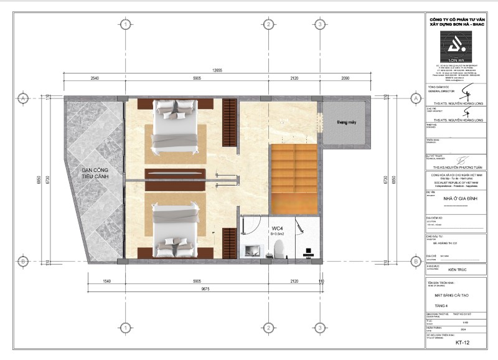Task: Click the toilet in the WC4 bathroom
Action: pos(280,248)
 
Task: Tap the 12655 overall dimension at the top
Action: pos(217,70)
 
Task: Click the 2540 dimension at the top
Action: pos(95,78)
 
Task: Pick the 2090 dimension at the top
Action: pos(344,78)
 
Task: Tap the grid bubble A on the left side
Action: pos(23,98)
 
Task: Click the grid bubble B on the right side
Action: pos(415,262)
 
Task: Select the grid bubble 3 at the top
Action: pos(319,24)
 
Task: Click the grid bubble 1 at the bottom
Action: pos(126,328)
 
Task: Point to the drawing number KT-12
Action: pos(461,343)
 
